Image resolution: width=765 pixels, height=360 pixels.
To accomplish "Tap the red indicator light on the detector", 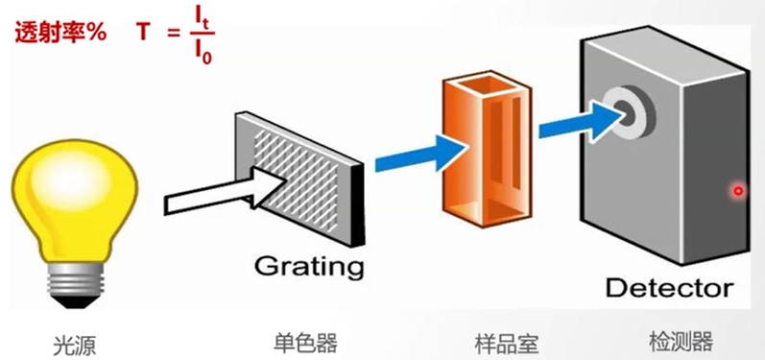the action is coord(738,190).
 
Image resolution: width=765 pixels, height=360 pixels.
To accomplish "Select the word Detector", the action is coord(669,288).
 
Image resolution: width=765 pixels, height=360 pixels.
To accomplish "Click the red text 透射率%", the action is coord(60,32).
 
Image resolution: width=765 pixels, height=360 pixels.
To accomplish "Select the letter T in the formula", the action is coord(142,32).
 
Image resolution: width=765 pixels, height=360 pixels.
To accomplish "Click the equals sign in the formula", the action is coord(174,33).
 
